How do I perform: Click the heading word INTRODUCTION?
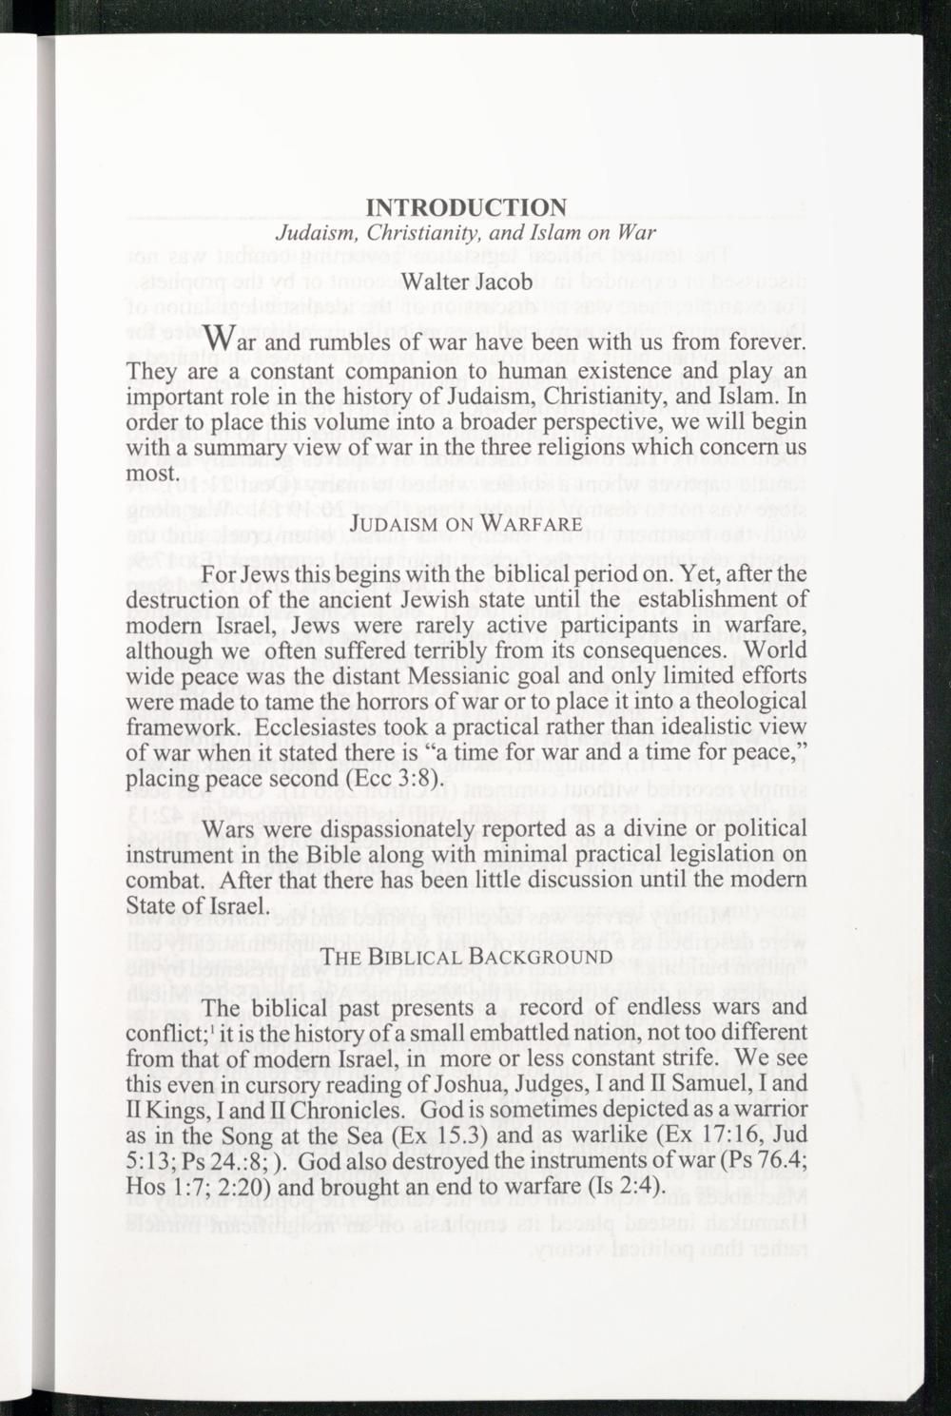click(x=467, y=207)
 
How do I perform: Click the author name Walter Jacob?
click(x=466, y=282)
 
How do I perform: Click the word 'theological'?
click(x=746, y=701)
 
